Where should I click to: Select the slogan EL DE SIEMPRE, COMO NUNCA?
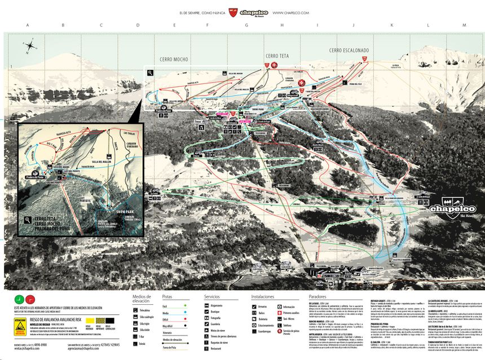pyautogui.click(x=202, y=12)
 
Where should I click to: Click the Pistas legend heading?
pyautogui.click(x=171, y=296)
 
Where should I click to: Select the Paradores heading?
pyautogui.click(x=318, y=296)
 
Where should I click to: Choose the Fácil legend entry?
pyautogui.click(x=167, y=305)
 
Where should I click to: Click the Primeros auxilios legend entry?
pyautogui.click(x=291, y=313)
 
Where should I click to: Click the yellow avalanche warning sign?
pyautogui.click(x=19, y=326)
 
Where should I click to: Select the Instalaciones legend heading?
pyautogui.click(x=263, y=296)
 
